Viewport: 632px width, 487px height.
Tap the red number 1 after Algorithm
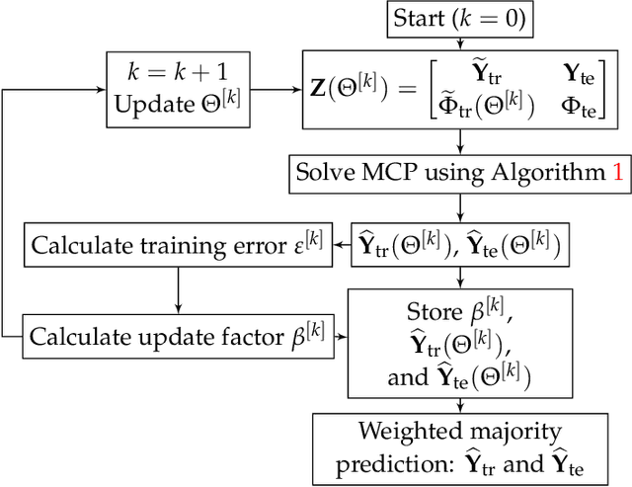[x=618, y=171]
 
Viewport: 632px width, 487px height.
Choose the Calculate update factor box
[x=178, y=336]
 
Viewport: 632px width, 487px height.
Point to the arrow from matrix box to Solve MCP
[x=459, y=141]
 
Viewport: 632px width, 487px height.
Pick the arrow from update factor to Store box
[x=341, y=337]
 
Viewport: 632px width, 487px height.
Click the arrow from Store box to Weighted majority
[x=459, y=402]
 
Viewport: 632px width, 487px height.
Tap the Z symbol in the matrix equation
[x=321, y=88]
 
